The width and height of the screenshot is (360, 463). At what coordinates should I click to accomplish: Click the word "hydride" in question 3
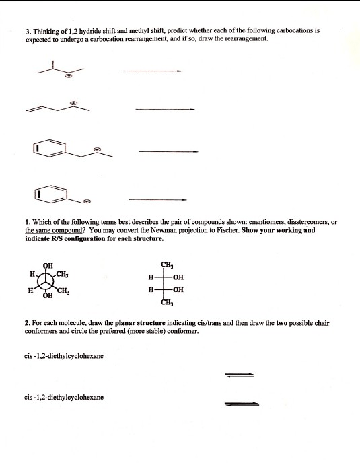91,31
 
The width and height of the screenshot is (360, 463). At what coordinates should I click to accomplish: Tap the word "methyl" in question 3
134,31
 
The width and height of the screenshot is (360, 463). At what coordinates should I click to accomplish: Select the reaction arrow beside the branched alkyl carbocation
152,71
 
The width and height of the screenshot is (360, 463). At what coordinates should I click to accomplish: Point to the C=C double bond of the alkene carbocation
34,110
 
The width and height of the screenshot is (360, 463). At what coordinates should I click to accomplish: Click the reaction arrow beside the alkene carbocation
165,109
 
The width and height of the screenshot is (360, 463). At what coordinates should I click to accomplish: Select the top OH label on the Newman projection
48,266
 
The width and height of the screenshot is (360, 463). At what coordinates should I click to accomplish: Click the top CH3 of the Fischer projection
167,265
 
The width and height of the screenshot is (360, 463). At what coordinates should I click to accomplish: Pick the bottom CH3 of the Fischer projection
167,302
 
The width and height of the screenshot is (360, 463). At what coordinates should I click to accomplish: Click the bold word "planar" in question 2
124,323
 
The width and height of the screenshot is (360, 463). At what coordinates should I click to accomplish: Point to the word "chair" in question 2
322,323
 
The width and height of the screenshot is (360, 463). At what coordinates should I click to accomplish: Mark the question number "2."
28,323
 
